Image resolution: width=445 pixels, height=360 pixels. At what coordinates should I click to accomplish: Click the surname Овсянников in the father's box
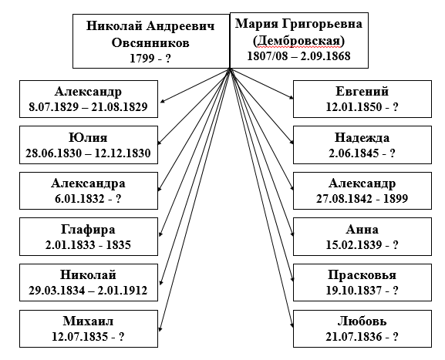click(x=150, y=43)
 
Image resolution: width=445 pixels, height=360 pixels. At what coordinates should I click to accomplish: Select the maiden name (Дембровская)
click(x=298, y=41)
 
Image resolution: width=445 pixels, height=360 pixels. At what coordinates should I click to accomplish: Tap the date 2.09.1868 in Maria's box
click(x=325, y=56)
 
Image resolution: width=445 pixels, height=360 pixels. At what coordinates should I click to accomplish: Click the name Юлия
click(x=88, y=137)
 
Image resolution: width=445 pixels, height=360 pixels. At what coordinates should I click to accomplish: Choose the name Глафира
click(x=88, y=230)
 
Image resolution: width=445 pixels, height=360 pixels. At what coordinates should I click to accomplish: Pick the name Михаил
click(x=88, y=321)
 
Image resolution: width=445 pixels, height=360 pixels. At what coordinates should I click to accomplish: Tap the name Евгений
click(x=362, y=91)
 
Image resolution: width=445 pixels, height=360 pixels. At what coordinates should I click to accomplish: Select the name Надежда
click(x=362, y=138)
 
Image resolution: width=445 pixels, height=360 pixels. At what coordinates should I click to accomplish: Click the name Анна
click(x=362, y=229)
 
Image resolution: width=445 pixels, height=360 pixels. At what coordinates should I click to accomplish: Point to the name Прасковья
click(x=362, y=275)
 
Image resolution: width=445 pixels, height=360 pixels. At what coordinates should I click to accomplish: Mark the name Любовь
click(x=362, y=321)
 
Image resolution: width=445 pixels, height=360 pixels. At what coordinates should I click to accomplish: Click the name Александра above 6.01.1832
click(x=88, y=183)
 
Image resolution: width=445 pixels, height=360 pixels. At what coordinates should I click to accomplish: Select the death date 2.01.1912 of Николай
click(x=123, y=290)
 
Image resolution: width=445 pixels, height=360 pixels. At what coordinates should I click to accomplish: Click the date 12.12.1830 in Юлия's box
click(x=123, y=153)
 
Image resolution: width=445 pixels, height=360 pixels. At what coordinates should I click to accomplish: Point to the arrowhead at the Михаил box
click(x=160, y=328)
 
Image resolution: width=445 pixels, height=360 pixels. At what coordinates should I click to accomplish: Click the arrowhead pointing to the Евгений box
click(x=292, y=97)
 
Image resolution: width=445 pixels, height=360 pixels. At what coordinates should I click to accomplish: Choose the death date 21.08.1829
click(x=120, y=106)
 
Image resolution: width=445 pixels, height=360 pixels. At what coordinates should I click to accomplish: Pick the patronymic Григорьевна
click(x=322, y=24)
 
